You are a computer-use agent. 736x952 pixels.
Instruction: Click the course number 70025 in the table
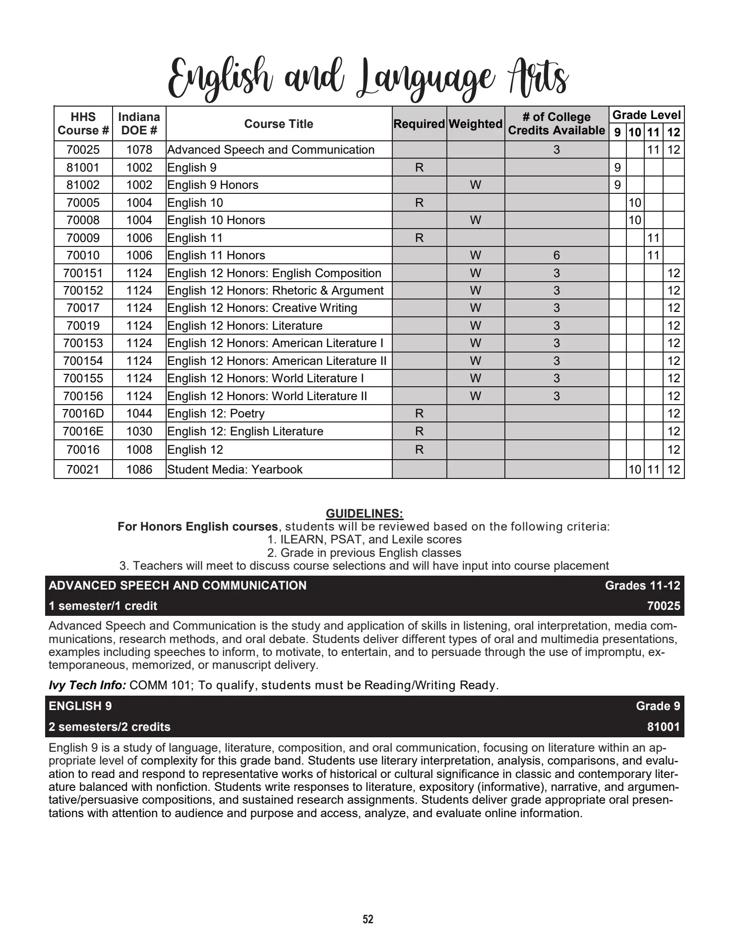point(83,150)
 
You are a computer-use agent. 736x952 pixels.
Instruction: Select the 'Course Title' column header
point(278,124)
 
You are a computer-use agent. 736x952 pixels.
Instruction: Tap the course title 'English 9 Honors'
point(213,185)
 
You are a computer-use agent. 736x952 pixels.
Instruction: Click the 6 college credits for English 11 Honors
point(556,255)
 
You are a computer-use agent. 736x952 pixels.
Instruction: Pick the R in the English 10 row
point(419,203)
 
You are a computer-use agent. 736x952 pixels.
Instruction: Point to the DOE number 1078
point(139,150)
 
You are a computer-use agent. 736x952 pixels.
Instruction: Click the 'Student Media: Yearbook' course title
point(235,470)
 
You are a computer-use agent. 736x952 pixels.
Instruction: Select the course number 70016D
point(83,414)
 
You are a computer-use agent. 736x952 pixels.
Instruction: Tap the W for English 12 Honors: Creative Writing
point(475,308)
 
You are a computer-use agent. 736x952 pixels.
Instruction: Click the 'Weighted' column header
point(475,124)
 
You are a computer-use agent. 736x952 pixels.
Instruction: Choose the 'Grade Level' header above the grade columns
point(646,115)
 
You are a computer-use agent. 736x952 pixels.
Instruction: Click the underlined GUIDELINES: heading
point(365,513)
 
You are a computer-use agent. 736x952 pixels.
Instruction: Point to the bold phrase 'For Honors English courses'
point(197,527)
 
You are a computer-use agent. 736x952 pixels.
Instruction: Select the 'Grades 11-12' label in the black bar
point(642,586)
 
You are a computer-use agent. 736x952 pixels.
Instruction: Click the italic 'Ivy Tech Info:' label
point(87,685)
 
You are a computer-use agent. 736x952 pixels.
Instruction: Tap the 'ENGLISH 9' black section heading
point(80,706)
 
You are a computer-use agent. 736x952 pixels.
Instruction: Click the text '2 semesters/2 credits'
point(110,727)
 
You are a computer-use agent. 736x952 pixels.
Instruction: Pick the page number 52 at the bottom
point(368,919)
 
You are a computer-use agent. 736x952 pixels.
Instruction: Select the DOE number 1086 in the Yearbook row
point(139,470)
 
